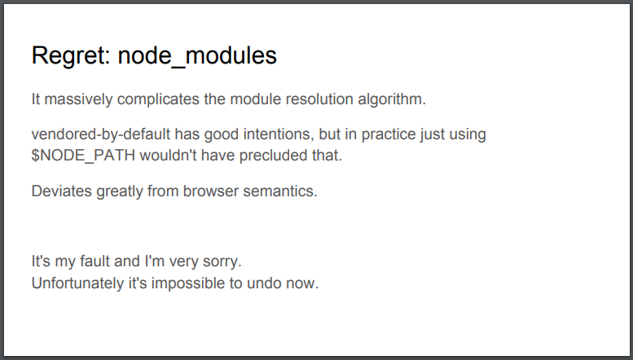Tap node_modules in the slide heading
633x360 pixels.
[x=197, y=56]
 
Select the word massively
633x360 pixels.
[x=78, y=99]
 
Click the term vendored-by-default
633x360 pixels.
[x=100, y=135]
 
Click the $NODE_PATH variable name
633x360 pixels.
[x=83, y=156]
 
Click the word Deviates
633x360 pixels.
[x=62, y=191]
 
